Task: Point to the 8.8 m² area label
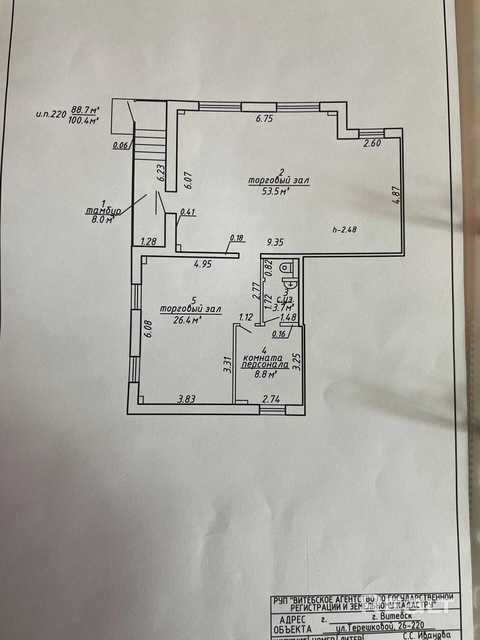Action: pos(265,373)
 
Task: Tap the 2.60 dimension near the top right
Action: pos(371,143)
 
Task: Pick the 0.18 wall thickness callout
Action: pos(236,237)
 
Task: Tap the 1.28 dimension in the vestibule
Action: pos(148,242)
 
